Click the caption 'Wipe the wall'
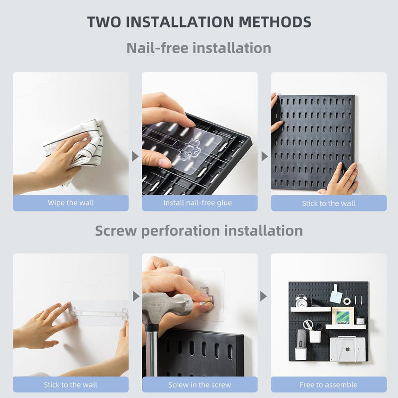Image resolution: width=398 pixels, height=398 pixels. click(x=71, y=203)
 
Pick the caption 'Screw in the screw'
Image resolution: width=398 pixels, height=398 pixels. click(x=199, y=384)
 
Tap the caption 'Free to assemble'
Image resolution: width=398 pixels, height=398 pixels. click(x=328, y=384)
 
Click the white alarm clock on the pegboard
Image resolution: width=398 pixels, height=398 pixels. click(x=301, y=300)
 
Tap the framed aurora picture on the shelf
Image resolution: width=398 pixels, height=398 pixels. click(x=343, y=316)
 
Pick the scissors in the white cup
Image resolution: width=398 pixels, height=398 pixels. click(x=308, y=325)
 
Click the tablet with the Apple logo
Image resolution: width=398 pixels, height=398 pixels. click(x=347, y=349)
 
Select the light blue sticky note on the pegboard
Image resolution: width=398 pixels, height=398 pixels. click(x=335, y=297)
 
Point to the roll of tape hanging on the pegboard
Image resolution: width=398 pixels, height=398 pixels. click(x=347, y=300)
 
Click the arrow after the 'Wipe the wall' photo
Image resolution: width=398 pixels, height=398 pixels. click(x=135, y=156)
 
